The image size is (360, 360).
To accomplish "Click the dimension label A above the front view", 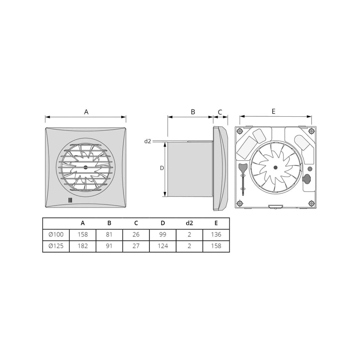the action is coord(86,112).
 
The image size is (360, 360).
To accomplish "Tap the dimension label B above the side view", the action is coord(193,112).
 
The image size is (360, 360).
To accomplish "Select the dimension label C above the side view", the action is coord(220,112).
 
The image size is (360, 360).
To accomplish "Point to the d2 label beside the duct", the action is coord(148,141).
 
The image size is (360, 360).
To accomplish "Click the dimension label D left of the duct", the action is coord(162,168).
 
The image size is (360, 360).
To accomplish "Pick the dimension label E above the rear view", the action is coord(273,111).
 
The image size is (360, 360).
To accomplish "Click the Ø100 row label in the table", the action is coord(56,235).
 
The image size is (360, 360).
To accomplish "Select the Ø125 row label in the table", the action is coord(56,246).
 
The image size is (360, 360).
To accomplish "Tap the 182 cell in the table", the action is coord(83,246).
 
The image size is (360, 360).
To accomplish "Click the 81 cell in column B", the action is coord(109,235).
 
